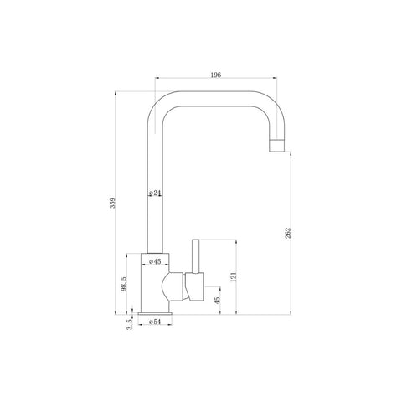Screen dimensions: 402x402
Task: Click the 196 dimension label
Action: coord(216,75)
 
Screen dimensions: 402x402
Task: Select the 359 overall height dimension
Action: coord(112,203)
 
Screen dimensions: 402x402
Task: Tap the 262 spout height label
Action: coord(288,233)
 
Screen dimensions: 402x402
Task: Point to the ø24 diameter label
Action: coord(155,193)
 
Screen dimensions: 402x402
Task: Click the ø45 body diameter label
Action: coord(155,261)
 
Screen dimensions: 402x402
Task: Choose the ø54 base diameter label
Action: coord(155,322)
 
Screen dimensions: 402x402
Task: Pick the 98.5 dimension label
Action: coord(124,284)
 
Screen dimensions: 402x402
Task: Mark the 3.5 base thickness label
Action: coord(129,325)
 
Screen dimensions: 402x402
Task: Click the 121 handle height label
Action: coord(234,277)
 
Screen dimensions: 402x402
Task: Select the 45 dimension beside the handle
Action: coord(218,300)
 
